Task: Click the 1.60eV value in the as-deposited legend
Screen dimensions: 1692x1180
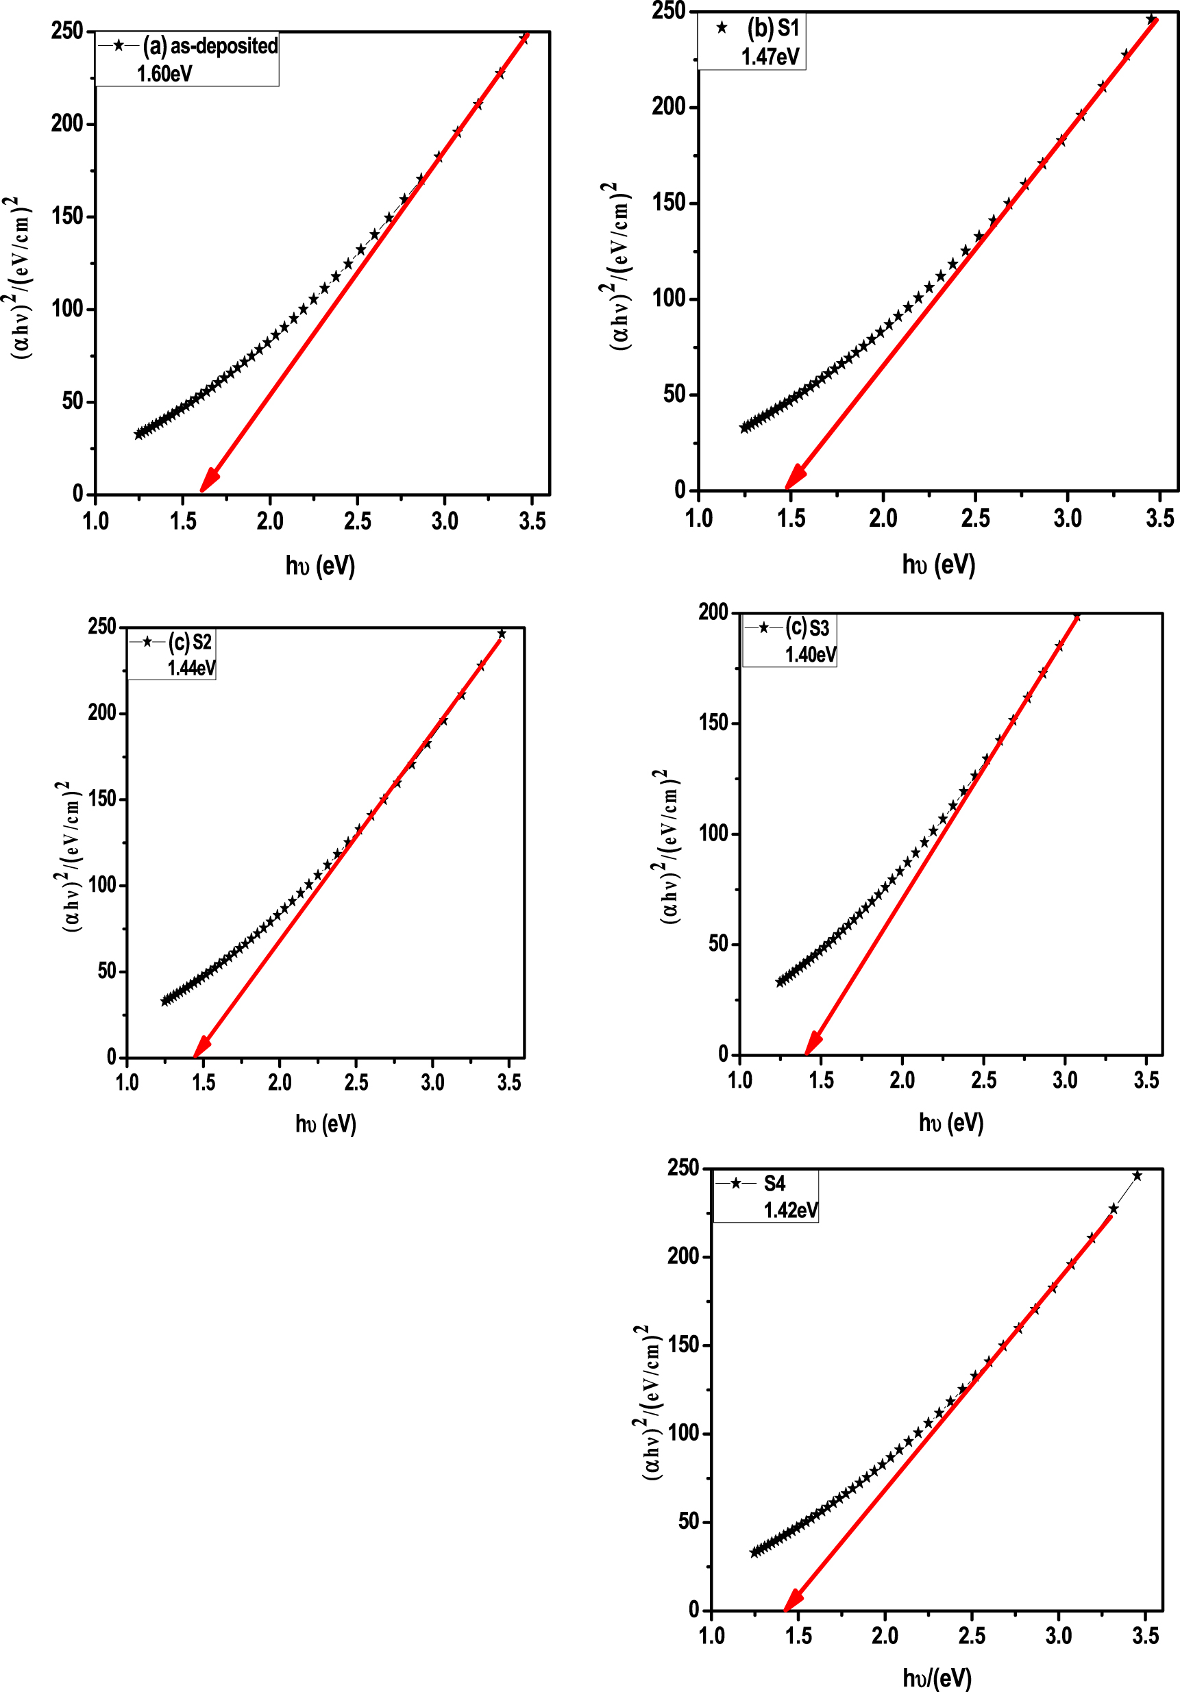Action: [x=164, y=74]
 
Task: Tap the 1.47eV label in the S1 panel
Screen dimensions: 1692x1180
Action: [x=770, y=57]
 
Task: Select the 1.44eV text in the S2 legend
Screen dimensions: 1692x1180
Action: [x=191, y=668]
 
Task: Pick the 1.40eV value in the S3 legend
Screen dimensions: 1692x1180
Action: [x=810, y=654]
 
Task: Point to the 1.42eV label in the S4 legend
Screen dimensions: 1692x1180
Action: [x=790, y=1210]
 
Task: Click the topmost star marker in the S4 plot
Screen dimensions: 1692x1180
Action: [x=1137, y=1175]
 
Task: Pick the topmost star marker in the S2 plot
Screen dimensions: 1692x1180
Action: [x=502, y=634]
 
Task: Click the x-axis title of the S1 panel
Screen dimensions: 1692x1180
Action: [x=937, y=564]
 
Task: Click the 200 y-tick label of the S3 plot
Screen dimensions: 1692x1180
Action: [x=713, y=612]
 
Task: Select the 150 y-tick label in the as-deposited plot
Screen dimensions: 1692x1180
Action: [x=68, y=216]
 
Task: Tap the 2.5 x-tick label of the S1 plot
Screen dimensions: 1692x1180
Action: [x=975, y=519]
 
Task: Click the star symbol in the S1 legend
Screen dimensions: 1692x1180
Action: [x=722, y=28]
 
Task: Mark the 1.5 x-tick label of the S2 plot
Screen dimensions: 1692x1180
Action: [x=204, y=1082]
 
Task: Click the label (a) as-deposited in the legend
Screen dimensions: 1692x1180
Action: [x=210, y=46]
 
